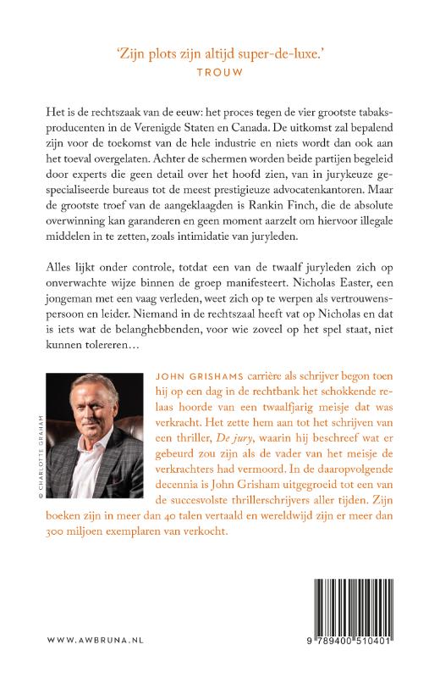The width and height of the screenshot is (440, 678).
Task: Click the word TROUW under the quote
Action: (x=220, y=73)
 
